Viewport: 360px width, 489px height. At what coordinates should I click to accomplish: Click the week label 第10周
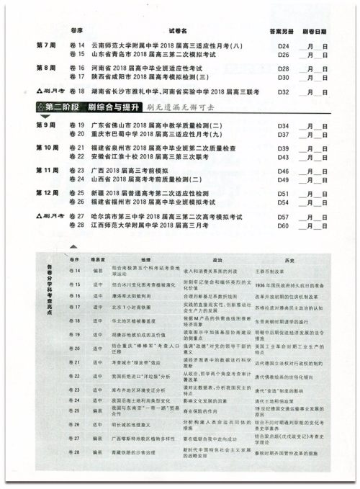click(x=47, y=147)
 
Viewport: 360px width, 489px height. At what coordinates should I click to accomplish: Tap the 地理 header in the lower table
click(x=143, y=255)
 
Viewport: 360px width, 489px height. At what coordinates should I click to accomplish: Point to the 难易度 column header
click(x=98, y=255)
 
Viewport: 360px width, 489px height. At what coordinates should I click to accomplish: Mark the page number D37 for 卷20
click(x=283, y=134)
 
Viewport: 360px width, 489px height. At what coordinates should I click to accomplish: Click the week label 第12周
click(x=47, y=193)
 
